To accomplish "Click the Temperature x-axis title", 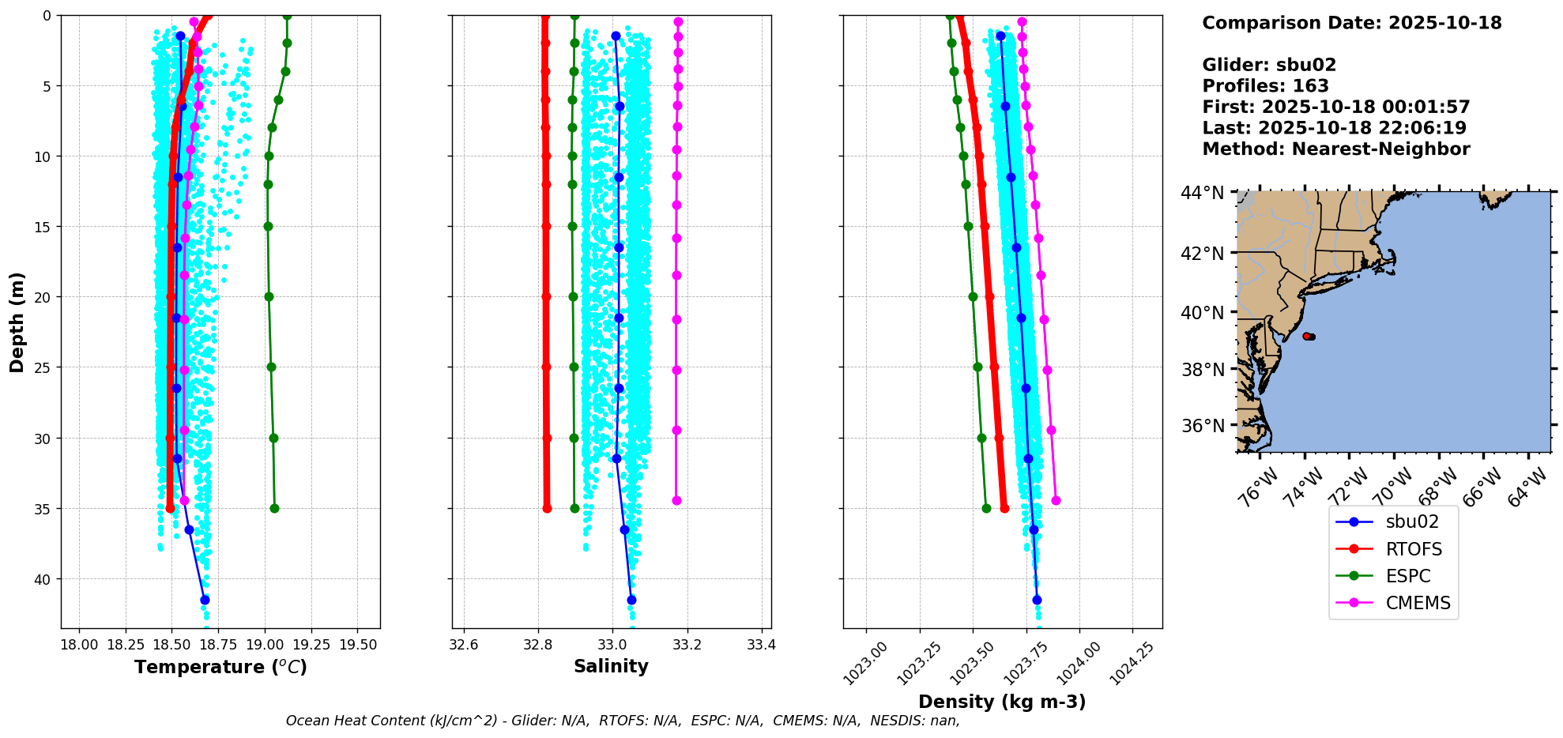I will point(220,667).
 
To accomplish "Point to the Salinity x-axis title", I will point(611,666).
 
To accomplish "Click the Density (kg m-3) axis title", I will point(1002,702).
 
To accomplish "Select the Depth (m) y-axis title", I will point(17,322).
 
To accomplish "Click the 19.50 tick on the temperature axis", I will point(358,645).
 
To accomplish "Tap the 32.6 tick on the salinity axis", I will point(463,645).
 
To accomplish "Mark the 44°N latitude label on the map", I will point(1202,193).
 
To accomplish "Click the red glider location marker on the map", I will point(1307,336).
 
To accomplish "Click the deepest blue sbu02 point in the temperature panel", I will point(205,600).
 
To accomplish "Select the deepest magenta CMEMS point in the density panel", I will point(1056,500).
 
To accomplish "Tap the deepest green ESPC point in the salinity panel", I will point(574,508).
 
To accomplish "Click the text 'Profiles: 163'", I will point(1265,86).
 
